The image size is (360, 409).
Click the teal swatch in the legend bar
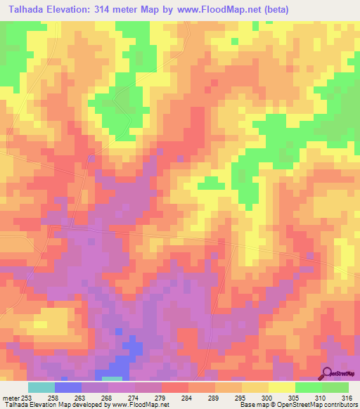point(41,387)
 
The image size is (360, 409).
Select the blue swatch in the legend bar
point(68,387)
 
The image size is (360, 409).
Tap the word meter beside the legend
point(10,397)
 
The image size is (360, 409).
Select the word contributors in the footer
point(340,405)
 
